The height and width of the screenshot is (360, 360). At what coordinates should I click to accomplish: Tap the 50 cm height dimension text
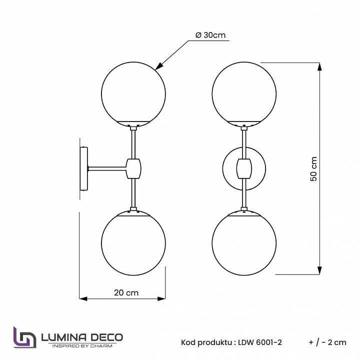[314, 168]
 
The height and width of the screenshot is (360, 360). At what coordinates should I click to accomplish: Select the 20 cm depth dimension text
[126, 293]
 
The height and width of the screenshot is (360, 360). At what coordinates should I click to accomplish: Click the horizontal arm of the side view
[107, 168]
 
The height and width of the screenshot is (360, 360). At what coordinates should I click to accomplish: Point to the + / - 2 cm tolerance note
[327, 342]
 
